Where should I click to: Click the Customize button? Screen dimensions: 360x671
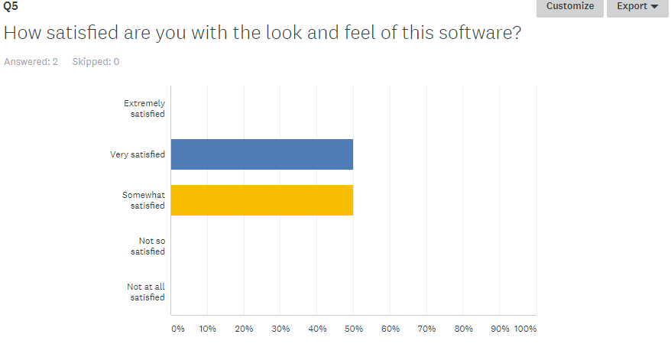pos(570,6)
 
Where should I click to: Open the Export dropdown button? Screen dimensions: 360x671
pos(637,6)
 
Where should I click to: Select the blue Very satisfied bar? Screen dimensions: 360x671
pos(262,154)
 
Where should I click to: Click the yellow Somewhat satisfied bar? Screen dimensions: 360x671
pos(262,200)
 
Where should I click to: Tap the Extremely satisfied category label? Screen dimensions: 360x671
pos(144,109)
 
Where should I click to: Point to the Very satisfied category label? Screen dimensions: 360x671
pos(138,154)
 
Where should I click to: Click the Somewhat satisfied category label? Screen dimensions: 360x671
pos(144,200)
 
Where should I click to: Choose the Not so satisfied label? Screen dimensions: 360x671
pos(147,246)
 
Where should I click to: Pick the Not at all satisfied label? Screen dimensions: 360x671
pos(146,292)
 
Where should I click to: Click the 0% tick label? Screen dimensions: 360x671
pos(177,329)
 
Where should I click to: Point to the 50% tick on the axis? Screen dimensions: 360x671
pos(354,329)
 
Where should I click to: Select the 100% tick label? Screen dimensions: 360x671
pos(525,329)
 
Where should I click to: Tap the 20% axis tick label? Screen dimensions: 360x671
pos(244,329)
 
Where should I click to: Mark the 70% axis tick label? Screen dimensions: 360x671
pos(426,329)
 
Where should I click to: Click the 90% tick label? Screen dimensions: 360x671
pos(499,329)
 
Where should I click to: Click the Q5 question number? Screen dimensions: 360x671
pos(11,7)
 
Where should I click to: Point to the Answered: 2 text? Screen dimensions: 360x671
pos(31,62)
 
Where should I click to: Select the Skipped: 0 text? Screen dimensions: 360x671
pos(96,62)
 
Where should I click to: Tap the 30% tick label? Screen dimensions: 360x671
pos(280,329)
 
